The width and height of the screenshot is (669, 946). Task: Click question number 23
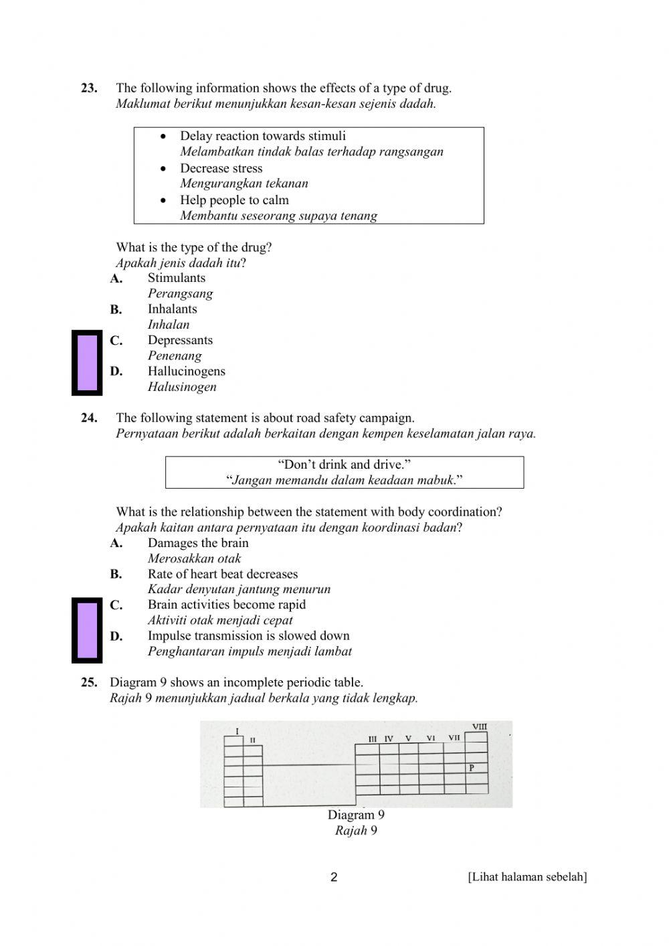[89, 88]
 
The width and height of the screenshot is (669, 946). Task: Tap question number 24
[89, 418]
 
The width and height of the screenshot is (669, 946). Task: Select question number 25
[89, 682]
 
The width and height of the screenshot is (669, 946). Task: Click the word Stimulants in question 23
[177, 278]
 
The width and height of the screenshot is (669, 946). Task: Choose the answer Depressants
[180, 340]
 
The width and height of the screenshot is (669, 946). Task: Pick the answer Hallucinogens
[186, 371]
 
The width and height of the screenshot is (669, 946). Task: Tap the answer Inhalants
[172, 309]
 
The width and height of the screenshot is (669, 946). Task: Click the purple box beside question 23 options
[87, 363]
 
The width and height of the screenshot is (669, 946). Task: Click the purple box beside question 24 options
[87, 630]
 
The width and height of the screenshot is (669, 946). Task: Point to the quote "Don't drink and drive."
[344, 465]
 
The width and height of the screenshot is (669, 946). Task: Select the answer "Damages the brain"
[198, 543]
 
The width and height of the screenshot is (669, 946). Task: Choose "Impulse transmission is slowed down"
[248, 635]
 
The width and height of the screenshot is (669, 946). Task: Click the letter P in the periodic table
[472, 768]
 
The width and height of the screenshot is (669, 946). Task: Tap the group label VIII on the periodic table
[479, 726]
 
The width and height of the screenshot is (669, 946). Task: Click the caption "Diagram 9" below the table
[356, 815]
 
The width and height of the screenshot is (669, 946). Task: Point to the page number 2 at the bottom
[334, 877]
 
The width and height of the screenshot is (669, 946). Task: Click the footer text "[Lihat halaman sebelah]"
[527, 877]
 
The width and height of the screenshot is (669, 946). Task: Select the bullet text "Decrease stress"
[221, 168]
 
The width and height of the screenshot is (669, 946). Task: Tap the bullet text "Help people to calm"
[234, 200]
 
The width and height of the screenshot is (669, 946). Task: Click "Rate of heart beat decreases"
[223, 574]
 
